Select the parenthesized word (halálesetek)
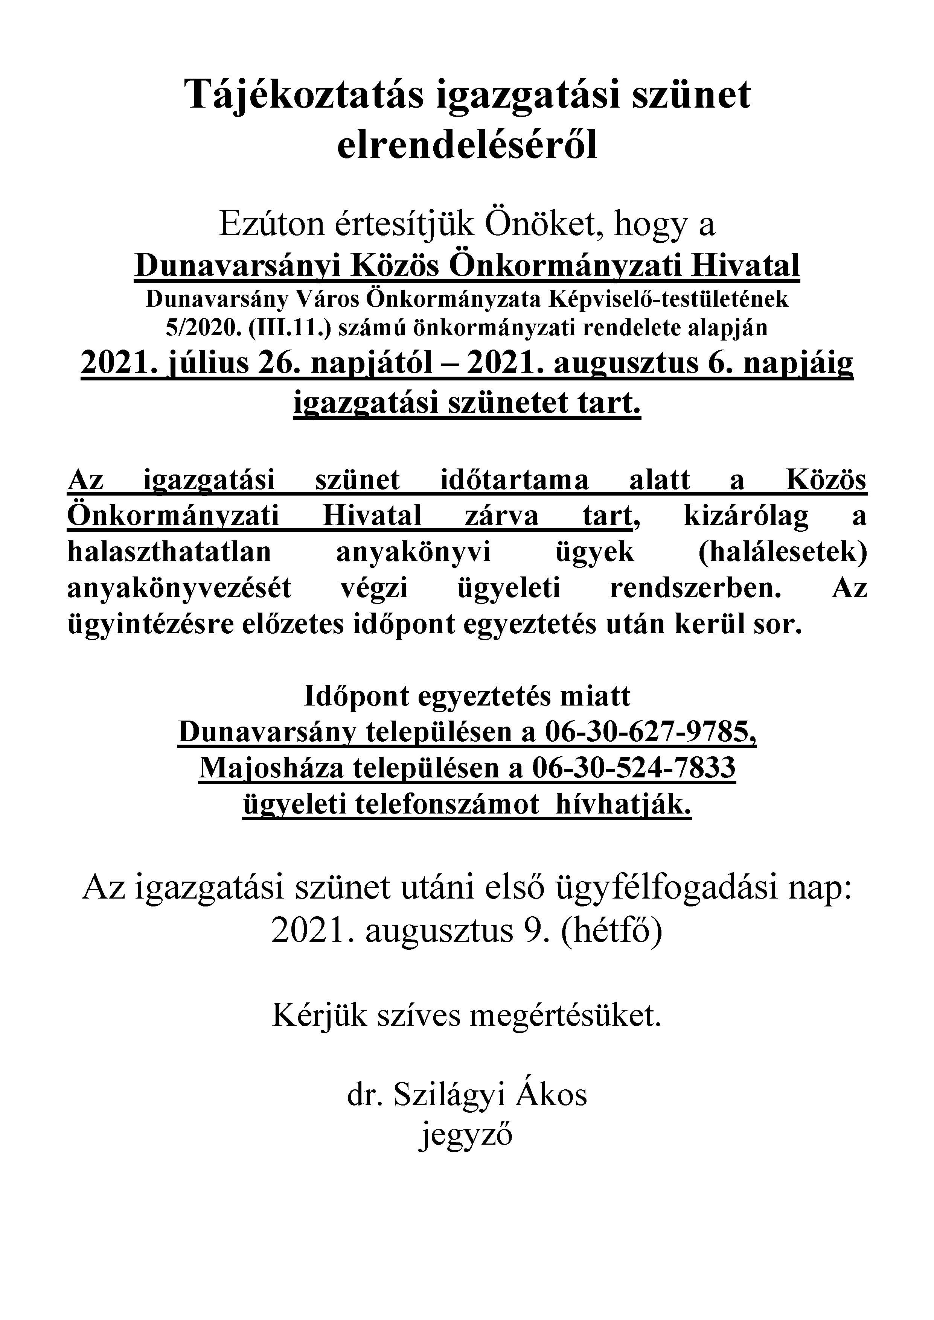coord(783,552)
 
